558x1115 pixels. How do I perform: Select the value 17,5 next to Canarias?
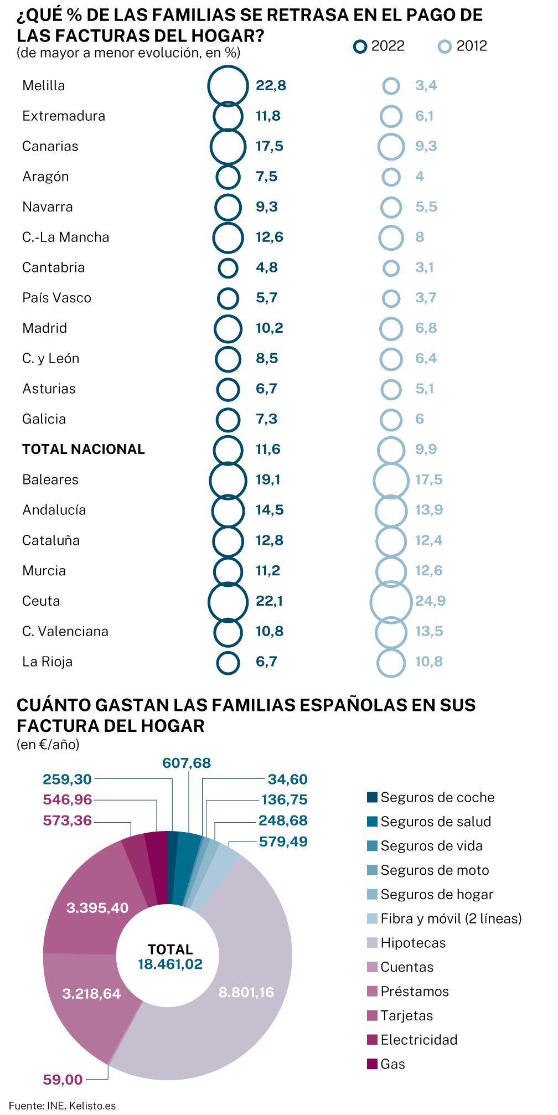click(270, 146)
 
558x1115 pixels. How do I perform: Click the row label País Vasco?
click(56, 298)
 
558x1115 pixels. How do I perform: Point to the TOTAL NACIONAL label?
click(84, 449)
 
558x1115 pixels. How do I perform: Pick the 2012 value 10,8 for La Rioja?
click(429, 662)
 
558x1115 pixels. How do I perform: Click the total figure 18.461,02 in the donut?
click(170, 964)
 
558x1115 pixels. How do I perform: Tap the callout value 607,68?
click(187, 763)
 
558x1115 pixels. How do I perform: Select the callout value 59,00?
click(63, 1079)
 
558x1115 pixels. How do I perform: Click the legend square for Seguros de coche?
click(372, 797)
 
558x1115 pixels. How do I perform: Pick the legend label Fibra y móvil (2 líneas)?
click(451, 918)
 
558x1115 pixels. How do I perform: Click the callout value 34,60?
click(287, 780)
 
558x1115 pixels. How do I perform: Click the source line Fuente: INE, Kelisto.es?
click(62, 1106)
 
